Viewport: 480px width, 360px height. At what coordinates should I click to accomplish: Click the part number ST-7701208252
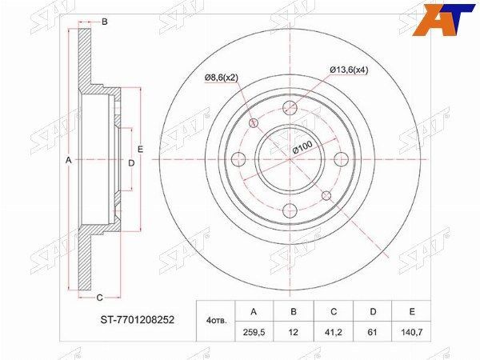pyautogui.click(x=138, y=320)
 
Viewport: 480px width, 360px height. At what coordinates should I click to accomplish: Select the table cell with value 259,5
pyautogui.click(x=254, y=331)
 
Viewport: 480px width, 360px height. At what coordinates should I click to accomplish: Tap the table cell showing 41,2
pyautogui.click(x=334, y=331)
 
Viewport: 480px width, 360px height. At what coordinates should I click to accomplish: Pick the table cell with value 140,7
pyautogui.click(x=412, y=331)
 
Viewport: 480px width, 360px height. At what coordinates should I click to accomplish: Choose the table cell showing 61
pyautogui.click(x=373, y=331)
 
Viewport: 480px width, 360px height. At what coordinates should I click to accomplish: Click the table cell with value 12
pyautogui.click(x=294, y=331)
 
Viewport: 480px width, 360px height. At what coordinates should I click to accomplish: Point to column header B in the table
pyautogui.click(x=294, y=312)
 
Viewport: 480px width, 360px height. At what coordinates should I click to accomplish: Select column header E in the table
pyautogui.click(x=412, y=312)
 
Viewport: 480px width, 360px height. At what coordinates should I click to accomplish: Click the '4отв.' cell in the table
pyautogui.click(x=215, y=322)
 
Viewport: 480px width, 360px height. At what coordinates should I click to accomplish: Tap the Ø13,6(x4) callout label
pyautogui.click(x=349, y=70)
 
